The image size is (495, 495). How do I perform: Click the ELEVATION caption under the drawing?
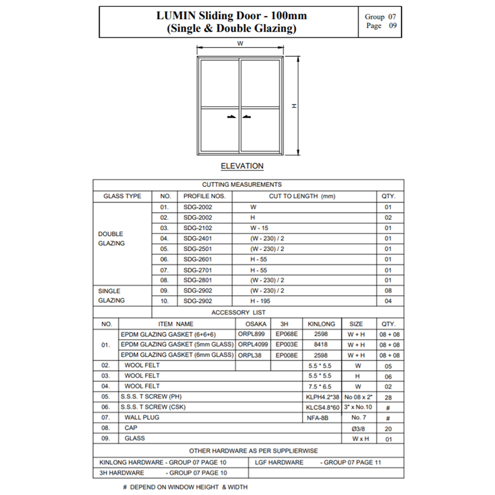(x=242, y=166)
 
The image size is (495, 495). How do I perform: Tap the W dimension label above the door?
(x=240, y=43)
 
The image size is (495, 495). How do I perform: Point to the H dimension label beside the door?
(x=294, y=106)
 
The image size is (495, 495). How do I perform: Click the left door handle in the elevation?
(x=230, y=116)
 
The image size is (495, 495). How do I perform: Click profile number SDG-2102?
(x=198, y=228)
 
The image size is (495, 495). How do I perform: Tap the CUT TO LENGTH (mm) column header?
(x=302, y=196)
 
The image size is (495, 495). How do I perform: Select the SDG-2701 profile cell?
(x=198, y=270)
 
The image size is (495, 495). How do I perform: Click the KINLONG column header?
(x=321, y=324)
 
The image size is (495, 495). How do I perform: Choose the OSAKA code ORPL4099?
(x=252, y=345)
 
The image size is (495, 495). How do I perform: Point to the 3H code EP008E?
(x=286, y=355)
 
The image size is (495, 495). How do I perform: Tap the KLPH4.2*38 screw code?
(x=321, y=396)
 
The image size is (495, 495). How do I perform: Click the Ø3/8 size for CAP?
(x=356, y=428)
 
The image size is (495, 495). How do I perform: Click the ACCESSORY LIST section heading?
(x=247, y=312)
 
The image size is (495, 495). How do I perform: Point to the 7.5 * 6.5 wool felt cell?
(x=321, y=385)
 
